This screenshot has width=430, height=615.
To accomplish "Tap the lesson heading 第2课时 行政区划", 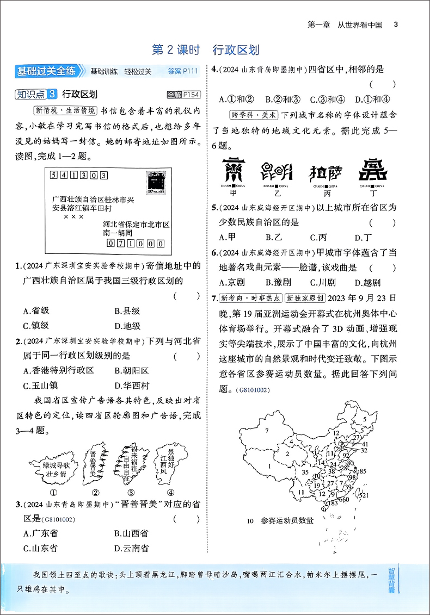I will coord(206,51).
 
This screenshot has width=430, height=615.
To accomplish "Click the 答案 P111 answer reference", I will coord(183,71).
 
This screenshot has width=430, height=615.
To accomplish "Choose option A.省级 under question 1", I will coord(36,311).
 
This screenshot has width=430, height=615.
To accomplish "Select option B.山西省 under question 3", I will coord(131,533).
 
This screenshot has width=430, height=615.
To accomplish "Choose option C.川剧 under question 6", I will coord(323,282).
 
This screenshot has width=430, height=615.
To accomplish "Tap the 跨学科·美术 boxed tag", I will coord(254,115).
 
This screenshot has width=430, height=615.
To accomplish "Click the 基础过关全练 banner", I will coord(48,71).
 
